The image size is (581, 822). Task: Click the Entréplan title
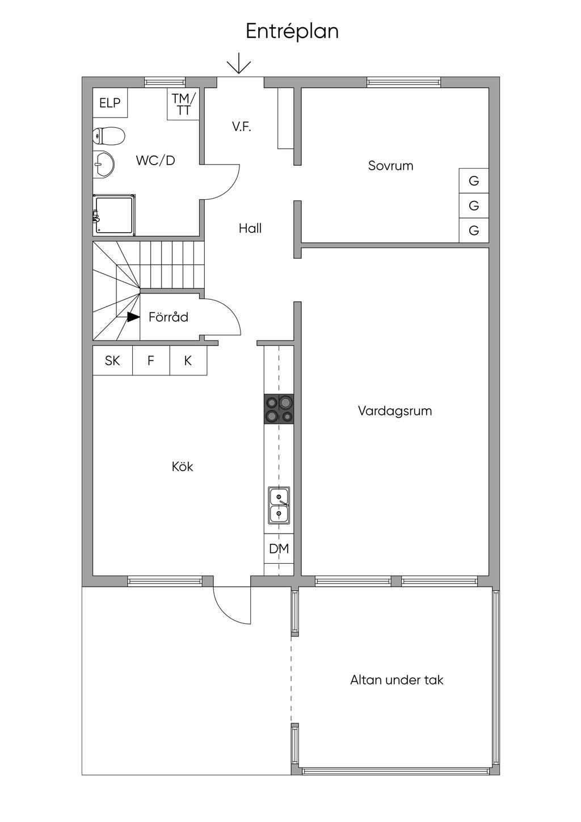(292, 31)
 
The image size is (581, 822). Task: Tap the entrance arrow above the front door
(239, 63)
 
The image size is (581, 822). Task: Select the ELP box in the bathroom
(110, 103)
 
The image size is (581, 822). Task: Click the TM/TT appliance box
(183, 104)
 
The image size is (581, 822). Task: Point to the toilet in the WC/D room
(108, 136)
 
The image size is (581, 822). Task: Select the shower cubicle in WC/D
(115, 215)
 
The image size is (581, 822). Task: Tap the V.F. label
(241, 127)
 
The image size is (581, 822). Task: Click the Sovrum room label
(390, 166)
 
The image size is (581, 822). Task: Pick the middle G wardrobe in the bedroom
(474, 205)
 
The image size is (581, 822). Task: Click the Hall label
(250, 228)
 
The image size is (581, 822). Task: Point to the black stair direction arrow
(133, 317)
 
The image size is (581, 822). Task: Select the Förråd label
(168, 317)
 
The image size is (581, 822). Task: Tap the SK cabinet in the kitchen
(112, 360)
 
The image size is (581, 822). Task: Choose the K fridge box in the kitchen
(188, 360)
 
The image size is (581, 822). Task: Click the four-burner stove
(279, 409)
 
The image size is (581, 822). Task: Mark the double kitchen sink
(279, 505)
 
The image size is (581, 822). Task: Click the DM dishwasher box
(279, 549)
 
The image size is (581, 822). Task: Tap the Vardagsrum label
(395, 410)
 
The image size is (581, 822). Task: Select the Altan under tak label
(397, 680)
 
